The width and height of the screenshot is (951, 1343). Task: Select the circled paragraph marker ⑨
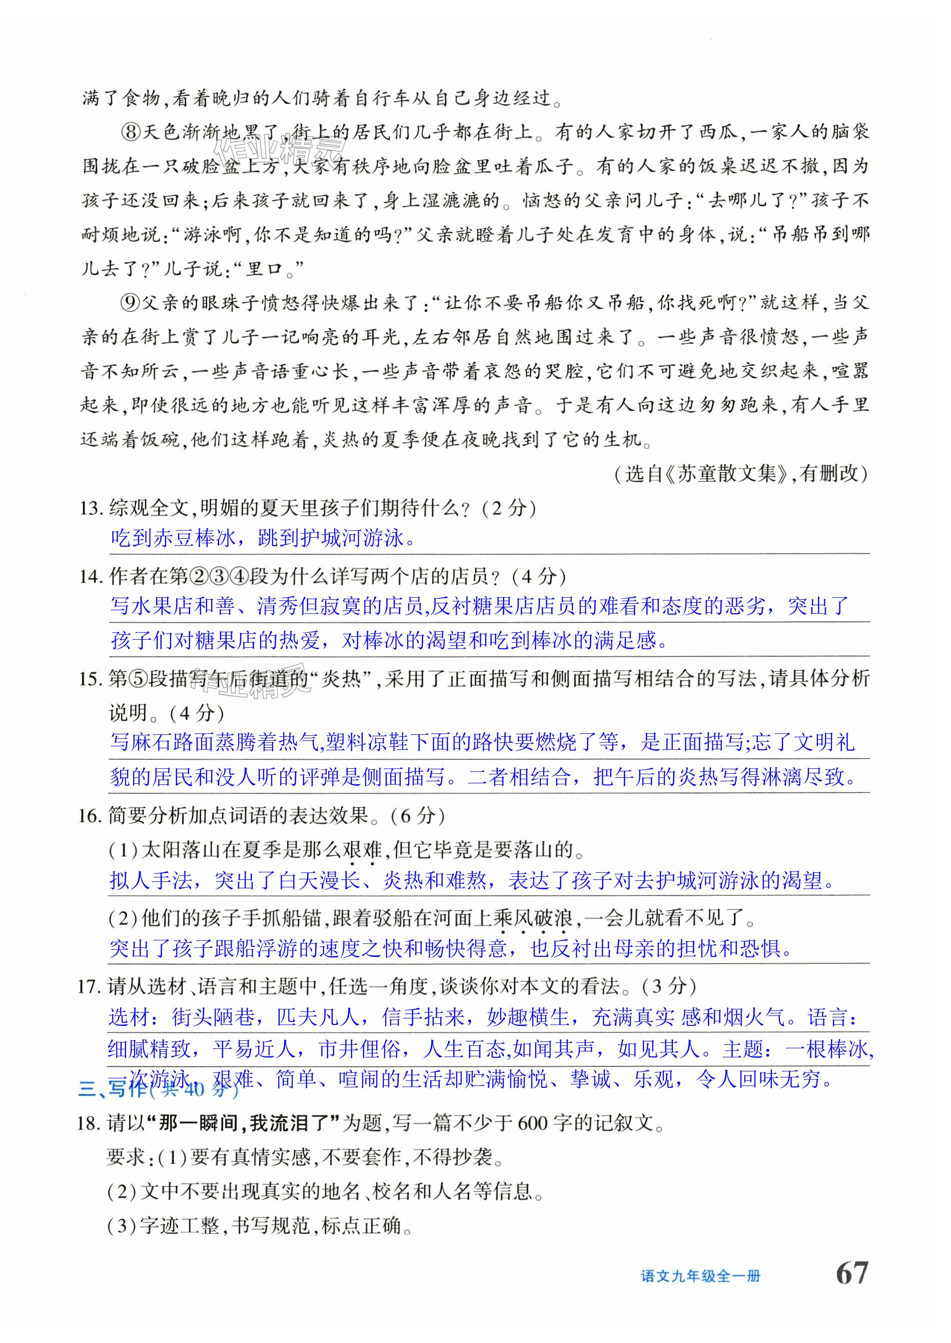(x=130, y=303)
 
